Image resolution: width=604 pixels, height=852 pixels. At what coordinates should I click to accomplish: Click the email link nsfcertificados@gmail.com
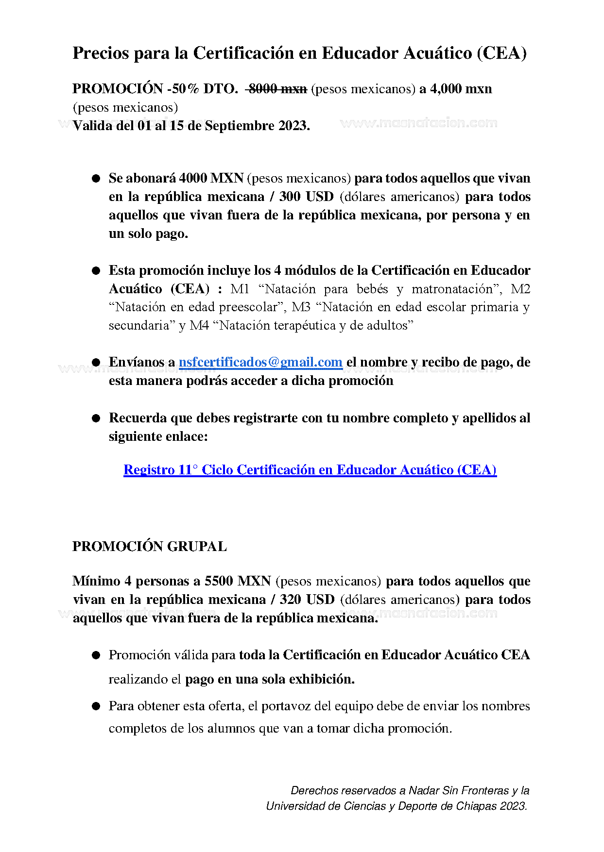(x=260, y=362)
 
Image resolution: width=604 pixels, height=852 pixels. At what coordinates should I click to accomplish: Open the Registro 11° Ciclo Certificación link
(x=310, y=470)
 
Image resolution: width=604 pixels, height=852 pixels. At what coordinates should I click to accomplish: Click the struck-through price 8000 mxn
(x=277, y=89)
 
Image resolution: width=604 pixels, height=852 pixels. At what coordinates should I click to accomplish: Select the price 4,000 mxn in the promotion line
(x=461, y=89)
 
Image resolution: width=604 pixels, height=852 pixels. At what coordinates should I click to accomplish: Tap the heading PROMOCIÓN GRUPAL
(x=149, y=547)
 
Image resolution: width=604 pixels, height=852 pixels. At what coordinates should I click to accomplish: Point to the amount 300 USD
(x=306, y=197)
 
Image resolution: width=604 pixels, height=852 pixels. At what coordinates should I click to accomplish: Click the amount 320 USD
(x=307, y=600)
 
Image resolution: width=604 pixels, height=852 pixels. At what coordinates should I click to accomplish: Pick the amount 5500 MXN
(x=238, y=581)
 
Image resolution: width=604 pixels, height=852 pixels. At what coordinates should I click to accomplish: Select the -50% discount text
(x=183, y=89)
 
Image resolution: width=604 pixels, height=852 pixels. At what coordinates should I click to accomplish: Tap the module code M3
(x=301, y=307)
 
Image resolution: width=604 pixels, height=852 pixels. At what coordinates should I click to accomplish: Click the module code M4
(x=199, y=325)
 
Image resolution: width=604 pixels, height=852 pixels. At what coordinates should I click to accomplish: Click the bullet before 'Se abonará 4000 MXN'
(x=96, y=179)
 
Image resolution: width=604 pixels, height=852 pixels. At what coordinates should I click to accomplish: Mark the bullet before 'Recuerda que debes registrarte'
(x=96, y=418)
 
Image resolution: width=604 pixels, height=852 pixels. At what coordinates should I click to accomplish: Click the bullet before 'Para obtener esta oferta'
(x=96, y=706)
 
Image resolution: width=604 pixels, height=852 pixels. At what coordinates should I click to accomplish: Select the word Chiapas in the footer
(x=477, y=806)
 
